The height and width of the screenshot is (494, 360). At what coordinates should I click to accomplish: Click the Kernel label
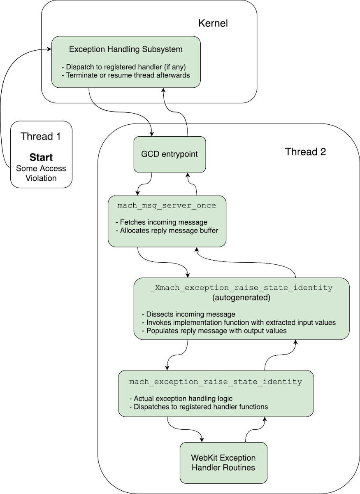(x=213, y=23)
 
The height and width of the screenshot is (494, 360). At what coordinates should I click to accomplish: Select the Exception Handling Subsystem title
(x=125, y=49)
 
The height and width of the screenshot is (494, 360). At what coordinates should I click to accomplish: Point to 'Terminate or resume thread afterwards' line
(x=125, y=75)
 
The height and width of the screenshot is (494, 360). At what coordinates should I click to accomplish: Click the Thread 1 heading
(x=41, y=136)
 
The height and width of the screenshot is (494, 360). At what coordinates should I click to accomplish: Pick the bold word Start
(x=41, y=158)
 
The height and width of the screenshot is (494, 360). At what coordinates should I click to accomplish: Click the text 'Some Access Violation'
(x=41, y=173)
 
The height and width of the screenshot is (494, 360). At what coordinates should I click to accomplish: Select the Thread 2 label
(x=305, y=151)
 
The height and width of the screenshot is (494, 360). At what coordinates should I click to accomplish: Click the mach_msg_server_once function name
(x=166, y=205)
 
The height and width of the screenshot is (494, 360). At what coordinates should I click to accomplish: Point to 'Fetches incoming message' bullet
(x=161, y=223)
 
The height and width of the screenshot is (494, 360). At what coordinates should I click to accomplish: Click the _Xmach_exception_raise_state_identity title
(x=241, y=288)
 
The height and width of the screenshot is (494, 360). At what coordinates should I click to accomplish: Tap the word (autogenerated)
(x=241, y=297)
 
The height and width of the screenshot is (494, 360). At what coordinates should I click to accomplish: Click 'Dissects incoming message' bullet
(x=188, y=314)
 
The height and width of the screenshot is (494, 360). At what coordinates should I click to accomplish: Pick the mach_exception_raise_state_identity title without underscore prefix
(x=216, y=382)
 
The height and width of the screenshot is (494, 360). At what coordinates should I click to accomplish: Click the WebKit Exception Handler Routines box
(x=223, y=463)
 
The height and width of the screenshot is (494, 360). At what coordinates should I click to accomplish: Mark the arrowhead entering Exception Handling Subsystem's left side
(x=49, y=50)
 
